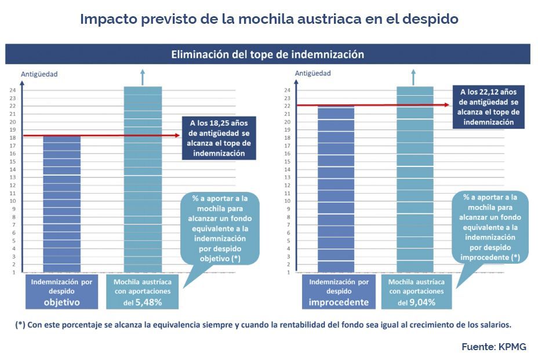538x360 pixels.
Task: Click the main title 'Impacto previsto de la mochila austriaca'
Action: (x=269, y=19)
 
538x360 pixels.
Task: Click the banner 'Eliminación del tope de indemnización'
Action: (x=267, y=54)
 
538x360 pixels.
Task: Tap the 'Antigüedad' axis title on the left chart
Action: (x=39, y=74)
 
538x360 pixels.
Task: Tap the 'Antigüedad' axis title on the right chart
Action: (x=312, y=73)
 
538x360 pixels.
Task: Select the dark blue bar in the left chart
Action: (x=62, y=203)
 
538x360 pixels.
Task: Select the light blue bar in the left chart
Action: (x=143, y=180)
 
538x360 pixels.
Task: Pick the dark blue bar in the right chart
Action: (x=336, y=188)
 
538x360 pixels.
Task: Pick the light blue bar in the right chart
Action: (x=415, y=180)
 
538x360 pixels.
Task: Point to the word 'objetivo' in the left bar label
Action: (x=62, y=303)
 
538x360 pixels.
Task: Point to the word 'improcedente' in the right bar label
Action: (x=339, y=303)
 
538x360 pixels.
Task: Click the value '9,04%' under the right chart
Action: (x=423, y=303)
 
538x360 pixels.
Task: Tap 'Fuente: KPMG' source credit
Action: (x=493, y=347)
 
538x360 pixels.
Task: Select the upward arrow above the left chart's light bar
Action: (x=143, y=76)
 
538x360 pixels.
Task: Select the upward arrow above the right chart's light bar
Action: (x=413, y=76)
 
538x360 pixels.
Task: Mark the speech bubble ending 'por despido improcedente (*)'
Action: (x=490, y=228)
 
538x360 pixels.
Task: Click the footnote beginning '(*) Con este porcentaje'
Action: (x=264, y=325)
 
